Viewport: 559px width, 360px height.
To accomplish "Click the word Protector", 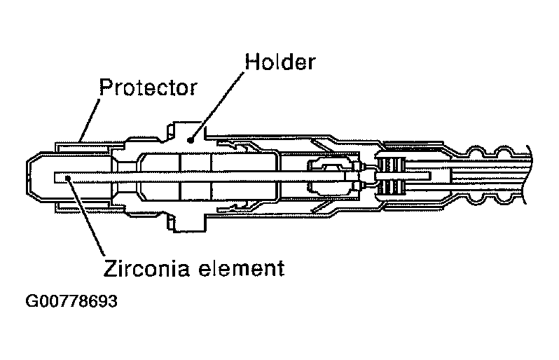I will click(149, 88).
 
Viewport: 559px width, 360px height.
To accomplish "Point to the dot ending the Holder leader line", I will click(190, 140).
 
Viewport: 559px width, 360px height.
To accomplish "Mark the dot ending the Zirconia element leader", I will click(68, 178).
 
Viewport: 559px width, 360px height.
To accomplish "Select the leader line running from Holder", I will click(217, 105).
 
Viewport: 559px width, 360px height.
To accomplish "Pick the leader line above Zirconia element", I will click(85, 217).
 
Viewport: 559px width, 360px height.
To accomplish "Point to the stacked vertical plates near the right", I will click(392, 178).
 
